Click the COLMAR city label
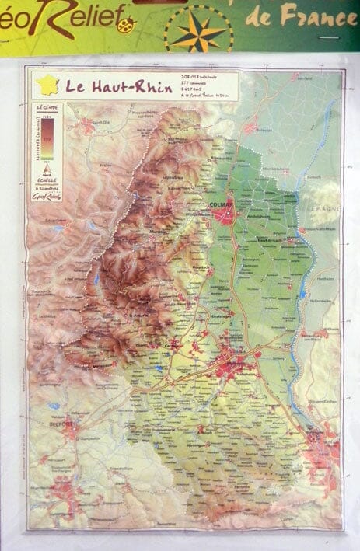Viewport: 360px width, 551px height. (x=222, y=204)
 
